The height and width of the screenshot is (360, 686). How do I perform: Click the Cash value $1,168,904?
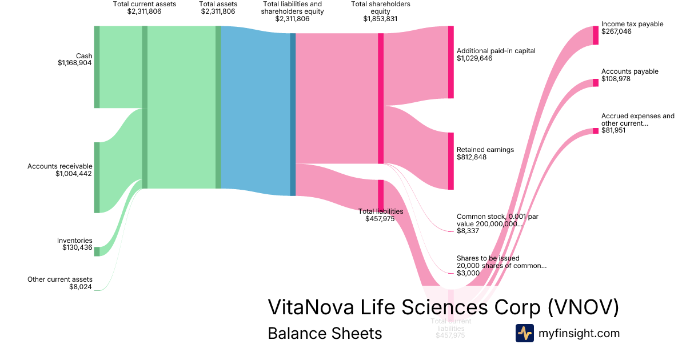pos(74,63)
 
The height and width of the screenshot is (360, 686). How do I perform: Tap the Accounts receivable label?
pos(60,166)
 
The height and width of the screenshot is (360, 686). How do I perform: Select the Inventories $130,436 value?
pos(77,247)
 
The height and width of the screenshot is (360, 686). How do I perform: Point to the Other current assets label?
pos(60,279)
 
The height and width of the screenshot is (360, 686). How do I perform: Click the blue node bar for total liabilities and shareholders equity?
pos(293,114)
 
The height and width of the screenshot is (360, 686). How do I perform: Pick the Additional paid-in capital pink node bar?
pos(450,62)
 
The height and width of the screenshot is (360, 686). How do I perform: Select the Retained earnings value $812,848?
pos(472,157)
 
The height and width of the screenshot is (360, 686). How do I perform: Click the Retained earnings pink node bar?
pos(450,161)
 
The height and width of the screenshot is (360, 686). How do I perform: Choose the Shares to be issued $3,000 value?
pos(468,273)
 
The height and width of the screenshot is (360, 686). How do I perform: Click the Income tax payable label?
pos(632,25)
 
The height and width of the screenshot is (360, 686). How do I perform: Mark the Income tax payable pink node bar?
pos(596,35)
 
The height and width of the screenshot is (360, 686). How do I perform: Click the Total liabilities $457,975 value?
pos(380,219)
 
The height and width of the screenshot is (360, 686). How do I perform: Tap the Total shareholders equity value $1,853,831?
pos(380,18)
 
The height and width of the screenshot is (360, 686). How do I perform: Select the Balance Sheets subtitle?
pos(325,333)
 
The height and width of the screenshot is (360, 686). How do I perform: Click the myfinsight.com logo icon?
pos(524,333)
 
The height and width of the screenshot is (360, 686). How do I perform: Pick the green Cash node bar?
pos(97,66)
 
